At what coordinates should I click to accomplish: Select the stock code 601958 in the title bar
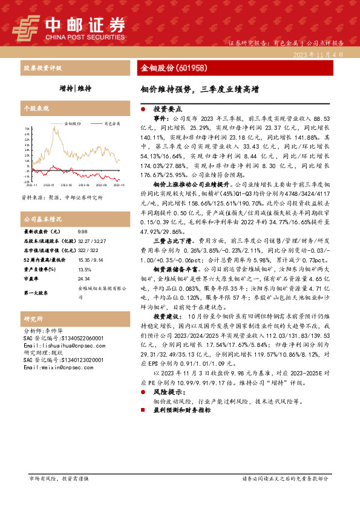[194, 68]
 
